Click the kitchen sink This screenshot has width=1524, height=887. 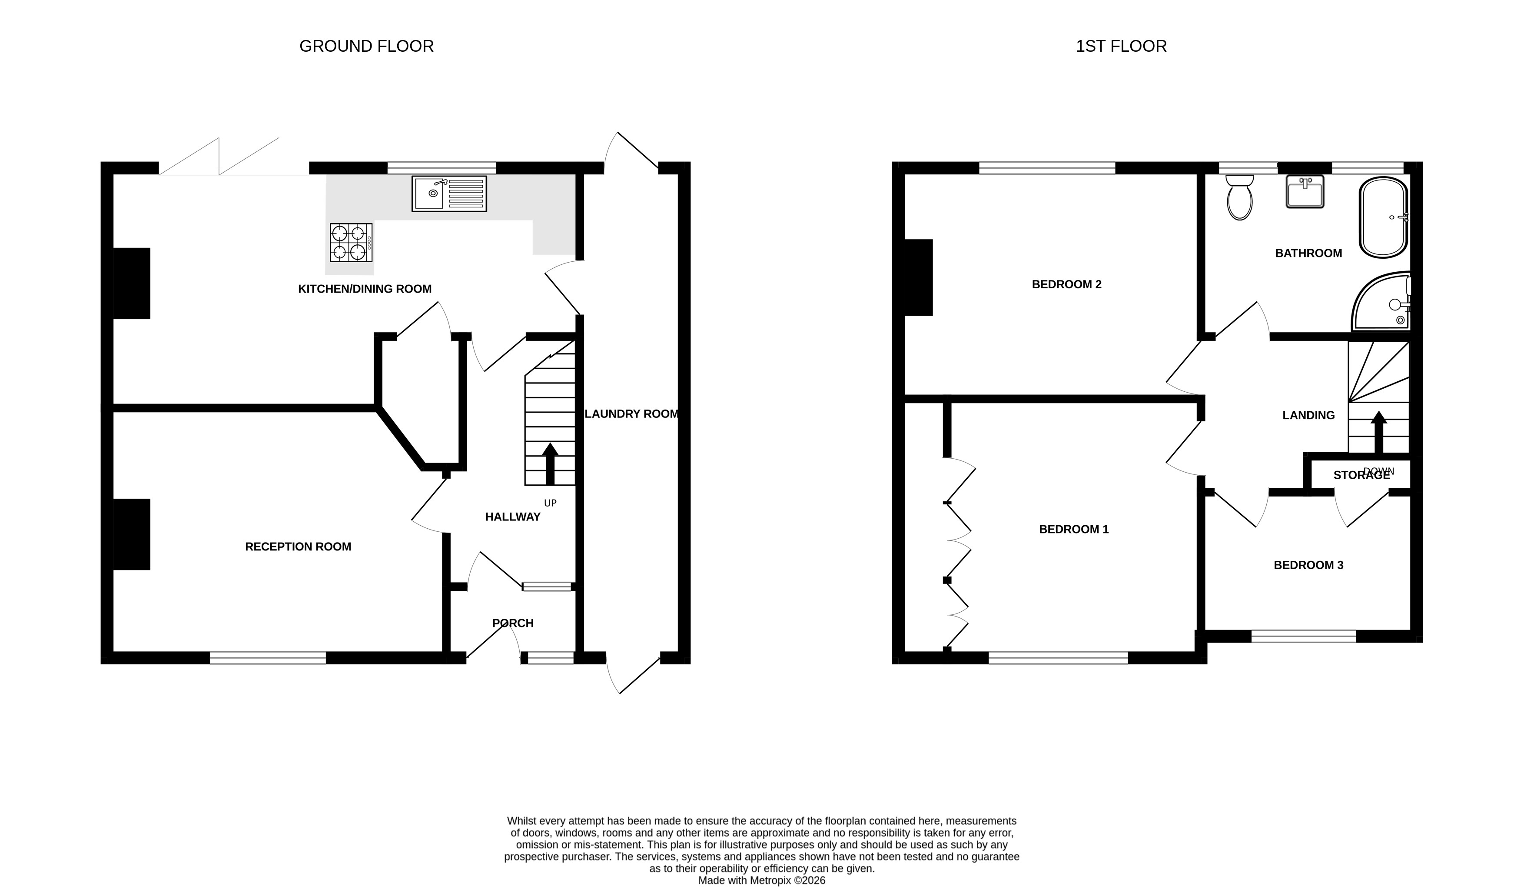coord(449,193)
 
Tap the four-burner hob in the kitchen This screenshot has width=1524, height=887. coord(351,242)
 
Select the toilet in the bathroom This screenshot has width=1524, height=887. coord(1240,197)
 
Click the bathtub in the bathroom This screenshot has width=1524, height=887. coord(1384,217)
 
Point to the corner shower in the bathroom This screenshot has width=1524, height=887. coord(1381,303)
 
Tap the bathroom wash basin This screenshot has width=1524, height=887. coord(1305,191)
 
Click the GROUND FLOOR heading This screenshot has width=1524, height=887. coord(366,47)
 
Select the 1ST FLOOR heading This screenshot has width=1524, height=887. coord(1121,47)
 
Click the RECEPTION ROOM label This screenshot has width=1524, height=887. coord(298,547)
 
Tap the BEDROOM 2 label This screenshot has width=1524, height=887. coord(1067,284)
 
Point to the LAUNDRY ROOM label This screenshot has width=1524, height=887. coord(631,414)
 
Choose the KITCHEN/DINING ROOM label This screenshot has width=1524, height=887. coord(365,289)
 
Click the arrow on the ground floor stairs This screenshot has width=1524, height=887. coord(550,464)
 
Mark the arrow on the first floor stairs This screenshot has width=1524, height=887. coord(1379,432)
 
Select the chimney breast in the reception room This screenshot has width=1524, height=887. coord(132,534)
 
